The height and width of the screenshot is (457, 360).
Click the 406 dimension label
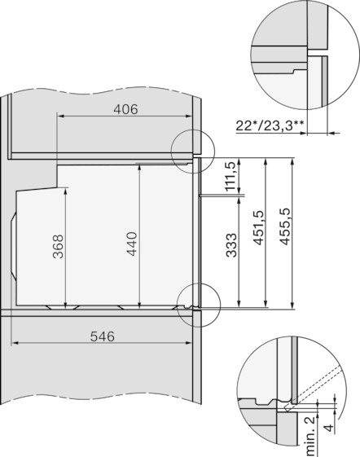coord(125,109)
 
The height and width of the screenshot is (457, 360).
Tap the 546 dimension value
coord(103,336)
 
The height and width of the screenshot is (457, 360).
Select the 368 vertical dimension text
coord(58,246)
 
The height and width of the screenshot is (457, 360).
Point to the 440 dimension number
coord(132,244)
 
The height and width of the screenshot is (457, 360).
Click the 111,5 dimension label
coord(230,176)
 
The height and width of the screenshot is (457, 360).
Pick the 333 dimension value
coord(232,245)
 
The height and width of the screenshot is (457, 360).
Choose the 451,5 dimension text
coord(258,227)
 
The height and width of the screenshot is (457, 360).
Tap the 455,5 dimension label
coord(285,226)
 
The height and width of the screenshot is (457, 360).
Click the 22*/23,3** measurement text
coord(270,126)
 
